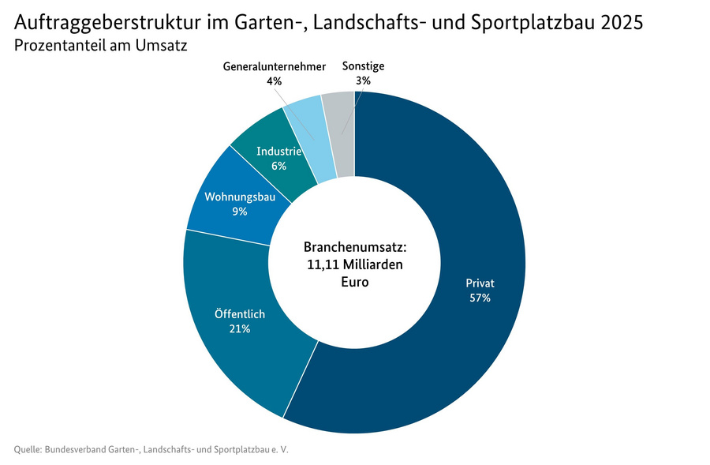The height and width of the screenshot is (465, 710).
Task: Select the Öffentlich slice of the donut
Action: (x=237, y=347)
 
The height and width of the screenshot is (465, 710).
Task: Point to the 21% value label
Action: (x=240, y=328)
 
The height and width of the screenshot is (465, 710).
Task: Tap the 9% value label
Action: (x=240, y=212)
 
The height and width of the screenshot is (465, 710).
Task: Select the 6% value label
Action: (x=278, y=166)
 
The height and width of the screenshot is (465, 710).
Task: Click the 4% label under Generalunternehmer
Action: (x=274, y=81)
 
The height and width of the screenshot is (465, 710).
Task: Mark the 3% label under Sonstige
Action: (x=363, y=81)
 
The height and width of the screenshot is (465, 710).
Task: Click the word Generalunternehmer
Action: (x=274, y=67)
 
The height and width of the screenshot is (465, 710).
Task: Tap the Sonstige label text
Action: (x=363, y=67)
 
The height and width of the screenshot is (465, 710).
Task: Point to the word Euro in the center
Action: (x=354, y=282)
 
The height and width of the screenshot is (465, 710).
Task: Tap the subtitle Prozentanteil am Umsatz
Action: (x=100, y=46)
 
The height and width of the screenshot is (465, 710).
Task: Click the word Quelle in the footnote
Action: (x=28, y=450)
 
